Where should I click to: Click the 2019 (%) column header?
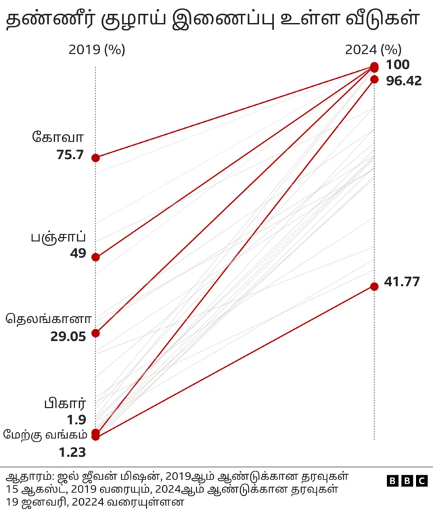pyautogui.click(x=97, y=49)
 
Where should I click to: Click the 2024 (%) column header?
pyautogui.click(x=373, y=49)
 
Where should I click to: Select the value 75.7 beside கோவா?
pyautogui.click(x=70, y=155)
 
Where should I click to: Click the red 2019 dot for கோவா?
pyautogui.click(x=95, y=158)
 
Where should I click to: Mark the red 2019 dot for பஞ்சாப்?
pyautogui.click(x=95, y=257)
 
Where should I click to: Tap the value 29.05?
pyautogui.click(x=68, y=336)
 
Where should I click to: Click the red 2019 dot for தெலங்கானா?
pyautogui.click(x=95, y=333)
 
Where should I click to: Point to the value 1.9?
pyautogui.click(x=76, y=420)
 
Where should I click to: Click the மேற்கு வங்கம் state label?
pyautogui.click(x=43, y=435)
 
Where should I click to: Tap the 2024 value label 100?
pyautogui.click(x=398, y=65)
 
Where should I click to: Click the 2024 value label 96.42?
pyautogui.click(x=403, y=81)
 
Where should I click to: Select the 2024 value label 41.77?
pyautogui.click(x=403, y=282)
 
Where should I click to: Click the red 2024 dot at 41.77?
pyautogui.click(x=374, y=286)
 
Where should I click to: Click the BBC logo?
pyautogui.click(x=407, y=480)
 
